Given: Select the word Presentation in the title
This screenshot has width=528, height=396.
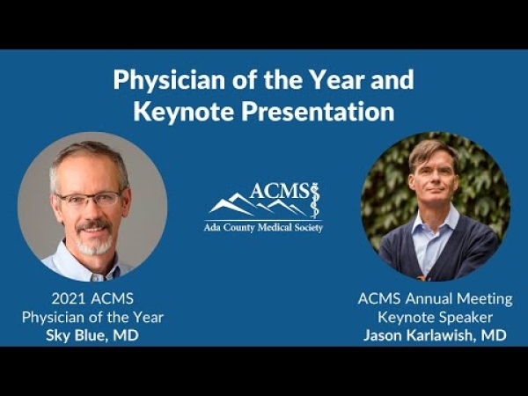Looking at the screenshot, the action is point(318,112).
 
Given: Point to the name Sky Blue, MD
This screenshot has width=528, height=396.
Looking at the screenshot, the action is point(92,335).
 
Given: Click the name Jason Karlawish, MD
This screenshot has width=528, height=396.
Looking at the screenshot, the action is point(435,335).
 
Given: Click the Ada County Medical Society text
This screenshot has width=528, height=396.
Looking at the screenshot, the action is point(263,228).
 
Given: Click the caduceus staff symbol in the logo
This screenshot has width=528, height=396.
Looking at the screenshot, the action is point(314,201).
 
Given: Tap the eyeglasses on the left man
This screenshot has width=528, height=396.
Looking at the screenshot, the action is point(90,200).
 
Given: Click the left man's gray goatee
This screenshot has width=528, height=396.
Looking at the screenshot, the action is point(94,244).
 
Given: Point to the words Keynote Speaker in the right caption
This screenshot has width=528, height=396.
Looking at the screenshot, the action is point(435,317).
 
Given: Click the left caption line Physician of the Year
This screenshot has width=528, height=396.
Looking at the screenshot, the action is point(92,317).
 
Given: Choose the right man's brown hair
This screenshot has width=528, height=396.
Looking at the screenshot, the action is point(434,152).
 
